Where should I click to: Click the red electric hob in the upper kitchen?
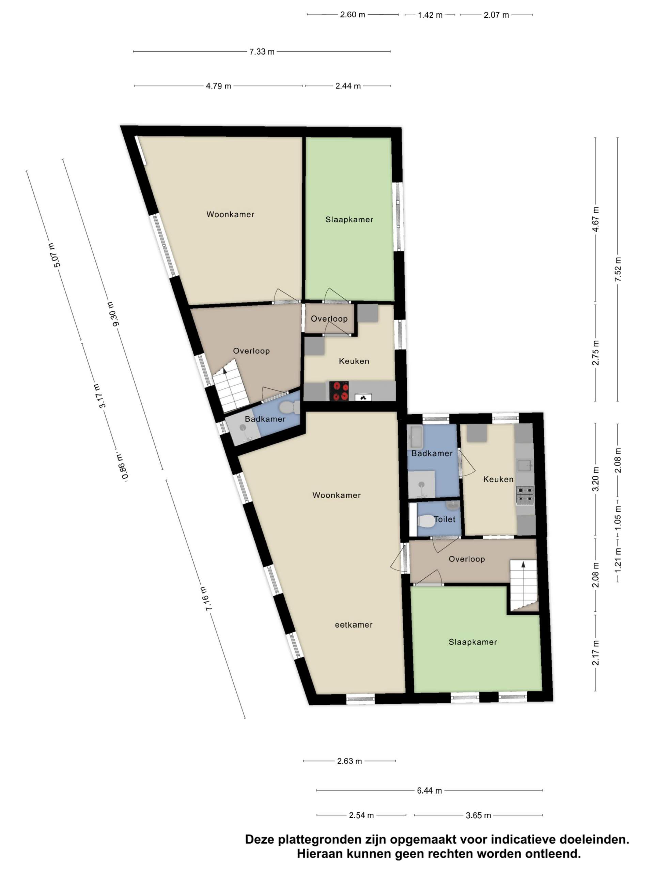[339, 391]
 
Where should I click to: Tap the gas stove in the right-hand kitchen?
[525, 495]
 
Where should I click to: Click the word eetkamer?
[353, 624]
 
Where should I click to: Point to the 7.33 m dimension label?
[262, 51]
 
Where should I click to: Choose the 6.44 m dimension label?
[429, 790]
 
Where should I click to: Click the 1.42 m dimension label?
[430, 15]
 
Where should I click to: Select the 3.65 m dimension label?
[478, 815]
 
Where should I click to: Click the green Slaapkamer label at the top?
[349, 220]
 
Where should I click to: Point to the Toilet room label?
[445, 519]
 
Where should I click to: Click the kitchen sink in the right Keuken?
[524, 466]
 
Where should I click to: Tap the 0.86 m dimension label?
[123, 467]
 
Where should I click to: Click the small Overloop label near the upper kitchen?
[329, 318]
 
